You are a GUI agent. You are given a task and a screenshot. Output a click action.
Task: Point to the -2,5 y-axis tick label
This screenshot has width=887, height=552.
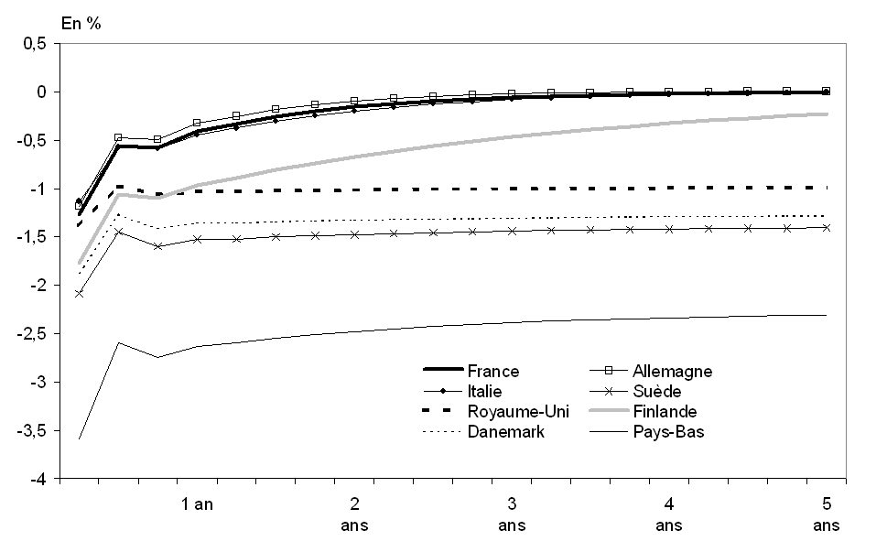coord(32,334)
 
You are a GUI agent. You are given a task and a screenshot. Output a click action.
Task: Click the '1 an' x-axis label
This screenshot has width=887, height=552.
coord(197,503)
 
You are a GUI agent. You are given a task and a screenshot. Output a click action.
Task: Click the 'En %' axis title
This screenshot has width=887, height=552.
coord(81,23)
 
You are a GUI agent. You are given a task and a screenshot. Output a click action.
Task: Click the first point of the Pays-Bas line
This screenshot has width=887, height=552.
coord(79,439)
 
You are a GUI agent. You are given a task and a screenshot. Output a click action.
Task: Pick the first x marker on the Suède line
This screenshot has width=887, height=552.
coord(79,294)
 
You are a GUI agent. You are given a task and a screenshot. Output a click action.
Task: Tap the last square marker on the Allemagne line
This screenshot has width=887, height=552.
coord(826,91)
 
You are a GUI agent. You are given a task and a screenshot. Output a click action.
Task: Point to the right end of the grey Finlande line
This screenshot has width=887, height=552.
coord(828,114)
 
